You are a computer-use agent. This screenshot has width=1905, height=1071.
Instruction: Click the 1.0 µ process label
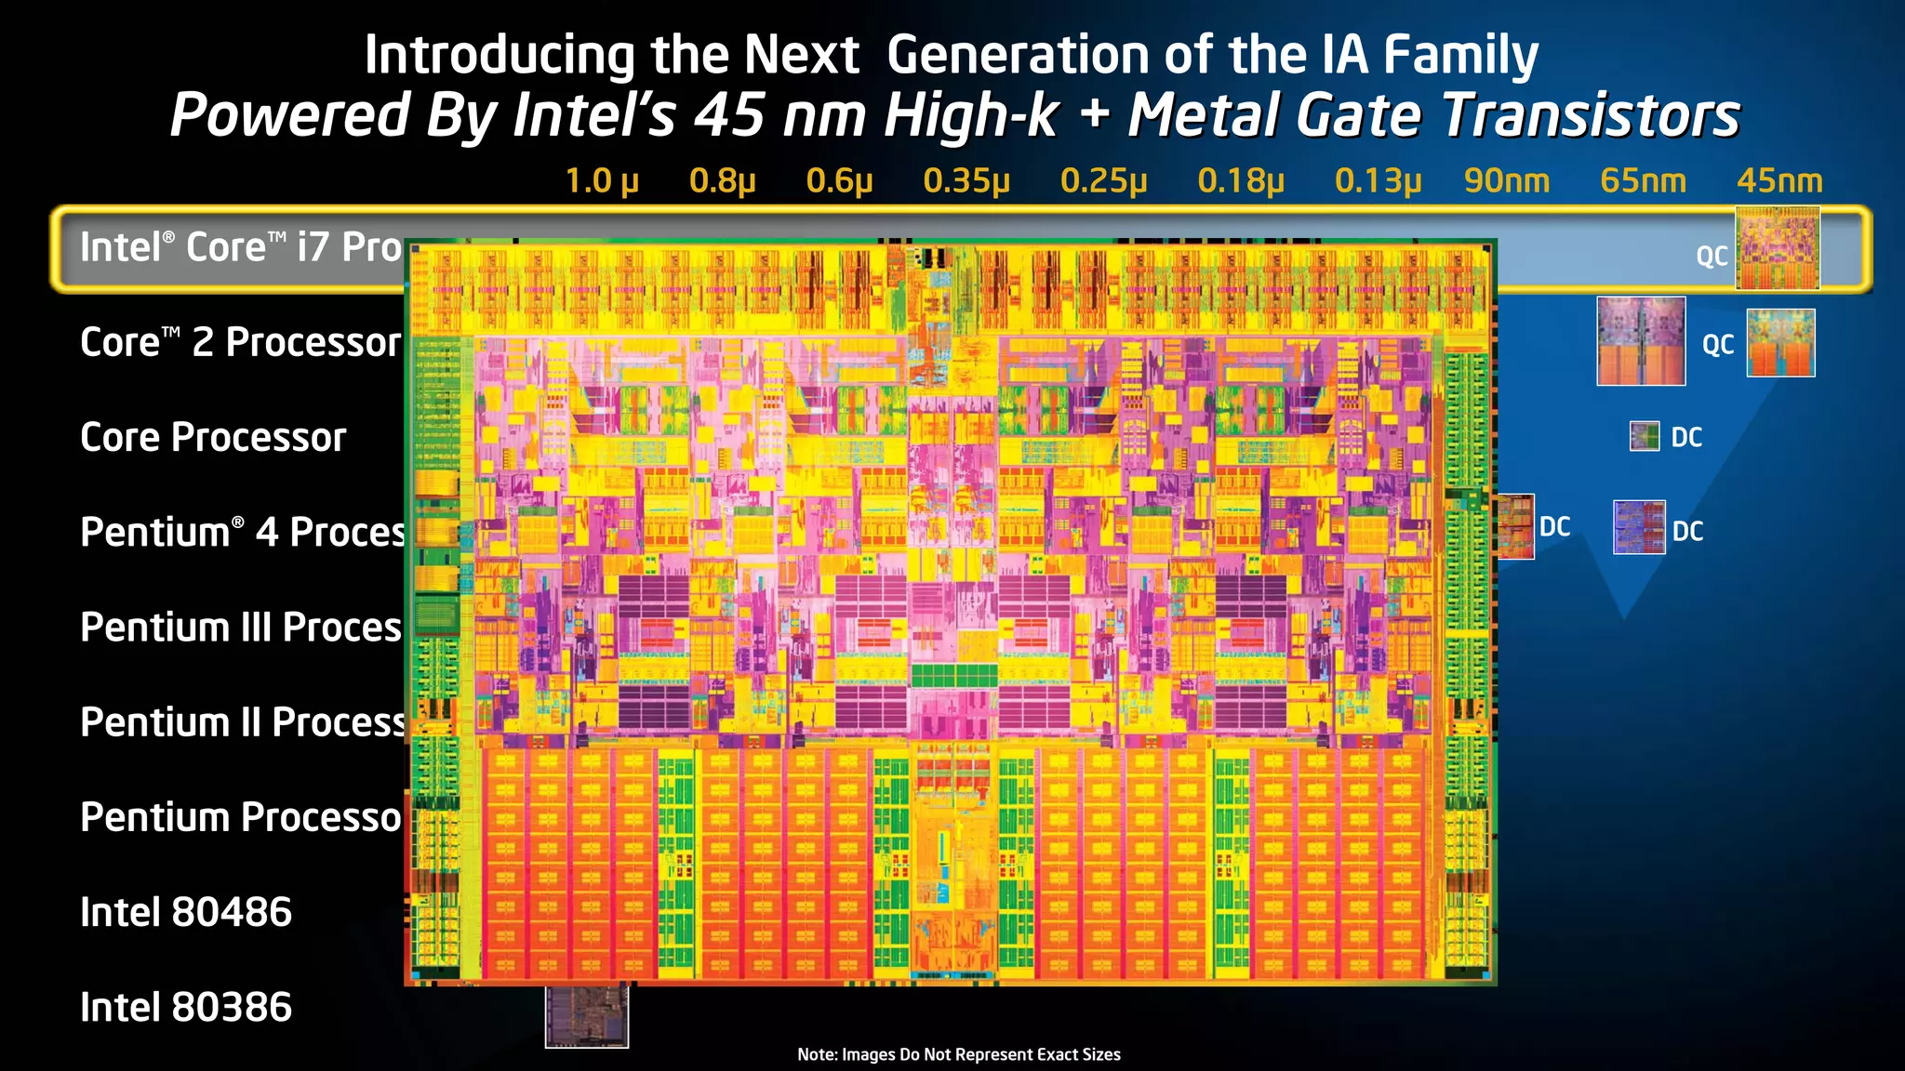[602, 180]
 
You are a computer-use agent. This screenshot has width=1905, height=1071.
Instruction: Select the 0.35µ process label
[966, 180]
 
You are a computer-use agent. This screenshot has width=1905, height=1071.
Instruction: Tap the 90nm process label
[1506, 180]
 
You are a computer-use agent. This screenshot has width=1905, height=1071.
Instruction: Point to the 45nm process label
[1778, 180]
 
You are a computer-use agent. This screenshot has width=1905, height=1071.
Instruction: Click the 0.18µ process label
[1240, 180]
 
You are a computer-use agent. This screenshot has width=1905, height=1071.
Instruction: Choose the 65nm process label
[1643, 180]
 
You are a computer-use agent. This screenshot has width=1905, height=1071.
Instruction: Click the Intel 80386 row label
[186, 1007]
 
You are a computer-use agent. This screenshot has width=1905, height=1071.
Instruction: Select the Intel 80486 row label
[186, 912]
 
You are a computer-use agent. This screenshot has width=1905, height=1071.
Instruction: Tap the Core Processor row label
[213, 437]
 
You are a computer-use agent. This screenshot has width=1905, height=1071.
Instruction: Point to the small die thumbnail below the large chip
[586, 1016]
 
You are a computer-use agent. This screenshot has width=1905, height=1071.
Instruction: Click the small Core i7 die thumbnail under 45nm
[1778, 248]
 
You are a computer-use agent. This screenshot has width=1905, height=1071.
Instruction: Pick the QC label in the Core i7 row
[1712, 256]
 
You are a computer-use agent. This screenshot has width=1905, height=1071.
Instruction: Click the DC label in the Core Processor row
[1686, 437]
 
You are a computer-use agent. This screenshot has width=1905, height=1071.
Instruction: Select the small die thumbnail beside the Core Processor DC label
[1644, 436]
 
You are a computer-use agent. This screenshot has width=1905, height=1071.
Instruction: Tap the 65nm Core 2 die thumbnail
[1641, 340]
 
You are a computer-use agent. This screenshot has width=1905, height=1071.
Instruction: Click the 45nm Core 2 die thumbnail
[1780, 342]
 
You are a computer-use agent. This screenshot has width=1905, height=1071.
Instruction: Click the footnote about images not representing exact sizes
[958, 1054]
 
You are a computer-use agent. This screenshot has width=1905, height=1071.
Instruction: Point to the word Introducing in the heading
[500, 55]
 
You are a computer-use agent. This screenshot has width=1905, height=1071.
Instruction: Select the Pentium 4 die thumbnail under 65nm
[1638, 527]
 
